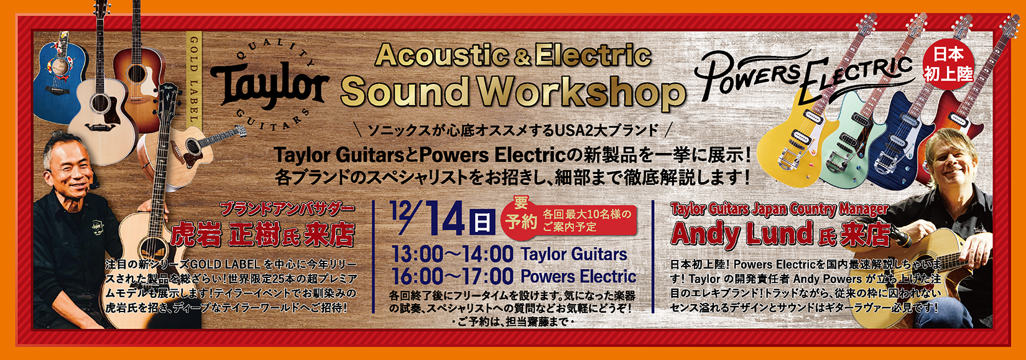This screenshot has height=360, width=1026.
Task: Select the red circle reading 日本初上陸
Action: tap(948, 65)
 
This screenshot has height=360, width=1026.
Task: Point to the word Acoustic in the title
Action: tap(441, 55)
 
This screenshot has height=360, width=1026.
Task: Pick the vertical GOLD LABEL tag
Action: tap(193, 78)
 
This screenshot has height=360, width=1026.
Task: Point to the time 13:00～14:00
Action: tap(452, 254)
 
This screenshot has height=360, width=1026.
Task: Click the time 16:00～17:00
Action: tap(452, 276)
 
